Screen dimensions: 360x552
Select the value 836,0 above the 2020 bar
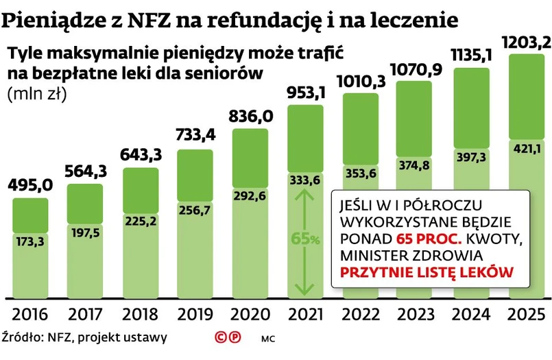252,117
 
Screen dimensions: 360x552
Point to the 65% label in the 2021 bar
306,239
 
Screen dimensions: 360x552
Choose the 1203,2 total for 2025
526,43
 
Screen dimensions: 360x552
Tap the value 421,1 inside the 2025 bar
526,148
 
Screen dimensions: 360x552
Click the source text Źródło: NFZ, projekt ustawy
84,337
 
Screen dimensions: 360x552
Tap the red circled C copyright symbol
221,337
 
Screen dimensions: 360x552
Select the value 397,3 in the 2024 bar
471,158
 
